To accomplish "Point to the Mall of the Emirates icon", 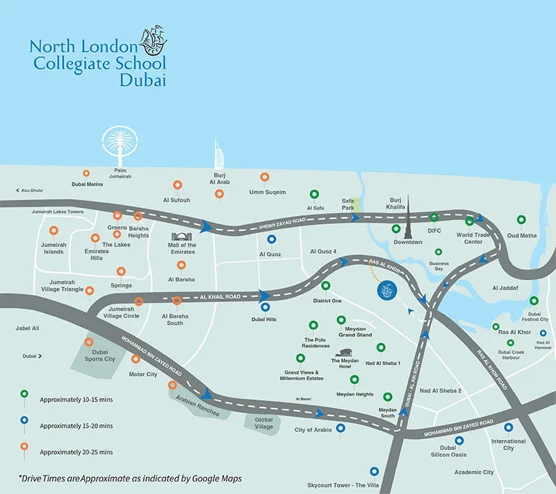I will (182, 234).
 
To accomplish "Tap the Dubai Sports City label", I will (99, 355).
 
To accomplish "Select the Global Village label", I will (263, 423).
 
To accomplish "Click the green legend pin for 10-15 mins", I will (25, 395).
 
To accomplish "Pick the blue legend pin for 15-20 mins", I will (25, 421).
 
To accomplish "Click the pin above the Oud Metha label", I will (521, 221).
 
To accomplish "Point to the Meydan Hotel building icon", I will (345, 353).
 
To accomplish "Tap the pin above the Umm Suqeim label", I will (264, 178).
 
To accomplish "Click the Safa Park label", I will (348, 203).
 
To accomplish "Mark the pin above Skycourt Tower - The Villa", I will (375, 472).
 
